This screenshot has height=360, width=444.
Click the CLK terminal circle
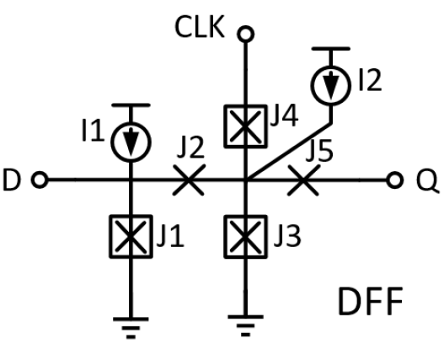(x=245, y=35)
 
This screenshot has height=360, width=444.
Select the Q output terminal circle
(x=393, y=180)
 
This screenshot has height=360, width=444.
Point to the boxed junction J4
(x=245, y=127)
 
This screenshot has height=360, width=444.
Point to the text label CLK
(x=200, y=28)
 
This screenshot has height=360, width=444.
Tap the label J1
(x=171, y=237)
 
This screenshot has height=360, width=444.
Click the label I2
(x=369, y=80)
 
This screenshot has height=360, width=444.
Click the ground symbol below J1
(x=131, y=326)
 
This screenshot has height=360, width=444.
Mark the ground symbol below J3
(x=245, y=326)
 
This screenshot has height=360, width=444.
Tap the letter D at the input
(x=14, y=180)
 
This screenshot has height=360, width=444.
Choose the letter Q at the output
(x=423, y=180)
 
